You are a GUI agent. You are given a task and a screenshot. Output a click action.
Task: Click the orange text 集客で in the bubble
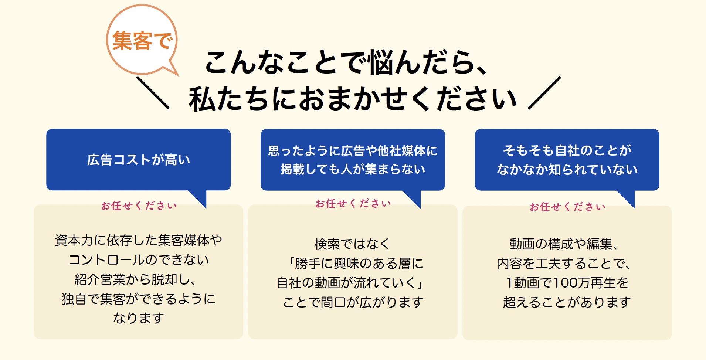pos(142,40)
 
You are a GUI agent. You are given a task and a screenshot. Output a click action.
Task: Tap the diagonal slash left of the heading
pos(153,93)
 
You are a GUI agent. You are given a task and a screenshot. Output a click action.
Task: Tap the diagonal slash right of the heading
pos(544,93)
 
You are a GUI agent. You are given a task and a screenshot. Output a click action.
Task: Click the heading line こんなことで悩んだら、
pos(346,62)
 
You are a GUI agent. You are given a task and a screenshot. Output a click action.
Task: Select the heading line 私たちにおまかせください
pos(353,99)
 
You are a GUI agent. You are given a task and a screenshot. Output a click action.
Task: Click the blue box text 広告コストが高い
pos(139,160)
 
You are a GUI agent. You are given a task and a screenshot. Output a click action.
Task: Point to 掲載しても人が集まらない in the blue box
pos(353,169)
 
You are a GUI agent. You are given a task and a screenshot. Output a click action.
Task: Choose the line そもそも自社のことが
pos(567,150)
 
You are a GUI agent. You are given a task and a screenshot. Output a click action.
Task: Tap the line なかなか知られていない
pos(567,169)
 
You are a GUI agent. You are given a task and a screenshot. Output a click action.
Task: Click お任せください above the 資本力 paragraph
pos(139,206)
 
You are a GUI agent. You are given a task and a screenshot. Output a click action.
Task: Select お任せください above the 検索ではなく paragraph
pos(353,203)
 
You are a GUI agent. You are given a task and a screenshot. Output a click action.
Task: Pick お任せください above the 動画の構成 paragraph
pos(567,207)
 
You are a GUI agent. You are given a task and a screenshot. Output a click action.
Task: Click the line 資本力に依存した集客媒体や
pos(139,240)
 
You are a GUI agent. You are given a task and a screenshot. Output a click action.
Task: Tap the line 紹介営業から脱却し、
pos(135,279)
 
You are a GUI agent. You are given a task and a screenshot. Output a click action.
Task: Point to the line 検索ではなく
pos(352,244)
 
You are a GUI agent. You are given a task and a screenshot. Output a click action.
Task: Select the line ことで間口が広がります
pos(353,302)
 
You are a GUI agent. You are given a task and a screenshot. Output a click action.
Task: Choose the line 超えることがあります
pos(567,302)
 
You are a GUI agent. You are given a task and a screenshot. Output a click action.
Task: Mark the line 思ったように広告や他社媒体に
pos(353,150)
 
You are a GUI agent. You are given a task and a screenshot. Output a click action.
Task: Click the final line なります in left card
pos(139,317)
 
